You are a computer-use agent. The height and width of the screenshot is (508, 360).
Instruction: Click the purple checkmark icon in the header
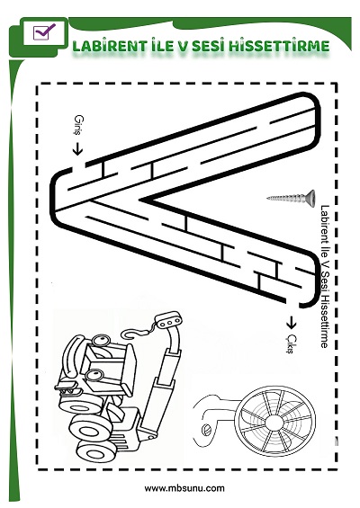tap(44, 31)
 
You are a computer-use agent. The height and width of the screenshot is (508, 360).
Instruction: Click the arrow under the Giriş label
tap(77, 148)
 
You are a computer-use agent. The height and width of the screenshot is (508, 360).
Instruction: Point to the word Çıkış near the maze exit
tap(291, 343)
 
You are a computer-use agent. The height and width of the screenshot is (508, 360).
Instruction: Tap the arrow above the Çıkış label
tap(292, 322)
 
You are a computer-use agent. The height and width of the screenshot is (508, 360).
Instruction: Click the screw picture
tap(292, 198)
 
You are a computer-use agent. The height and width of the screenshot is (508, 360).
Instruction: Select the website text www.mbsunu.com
tap(184, 488)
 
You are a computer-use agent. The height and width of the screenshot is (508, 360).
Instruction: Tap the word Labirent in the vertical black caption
tap(324, 225)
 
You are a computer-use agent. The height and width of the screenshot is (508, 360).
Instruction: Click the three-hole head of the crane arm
tap(168, 320)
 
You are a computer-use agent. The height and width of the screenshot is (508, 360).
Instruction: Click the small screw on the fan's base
tap(206, 430)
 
